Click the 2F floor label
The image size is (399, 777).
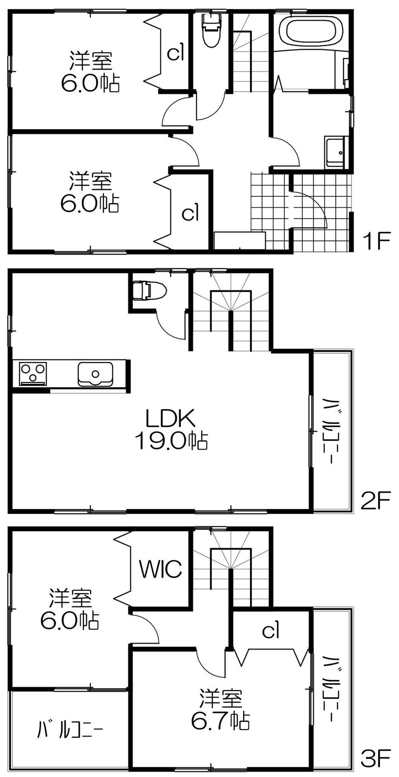pyautogui.click(x=374, y=501)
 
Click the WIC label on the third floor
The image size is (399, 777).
pyautogui.click(x=160, y=569)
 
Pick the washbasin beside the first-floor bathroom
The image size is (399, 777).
pyautogui.click(x=335, y=153)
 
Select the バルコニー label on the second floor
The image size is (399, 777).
pyautogui.click(x=331, y=430)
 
